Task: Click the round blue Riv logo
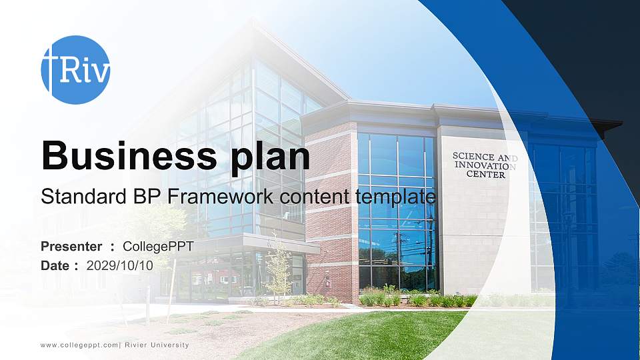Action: [x=75, y=69]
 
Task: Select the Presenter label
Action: [x=71, y=247]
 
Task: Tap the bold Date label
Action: [x=56, y=265]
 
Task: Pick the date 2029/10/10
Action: [x=120, y=265]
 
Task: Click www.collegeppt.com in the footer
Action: [x=79, y=345]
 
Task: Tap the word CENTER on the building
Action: [x=485, y=175]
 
